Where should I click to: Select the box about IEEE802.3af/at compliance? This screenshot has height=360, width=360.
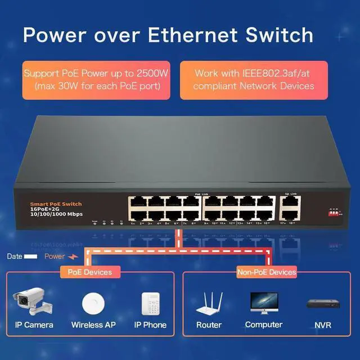click(254, 80)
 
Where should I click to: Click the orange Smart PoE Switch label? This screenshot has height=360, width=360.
click(56, 204)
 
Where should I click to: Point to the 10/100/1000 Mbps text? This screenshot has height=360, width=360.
click(57, 215)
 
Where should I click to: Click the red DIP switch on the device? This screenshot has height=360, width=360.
click(334, 213)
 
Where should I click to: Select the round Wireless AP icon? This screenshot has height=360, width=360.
click(94, 304)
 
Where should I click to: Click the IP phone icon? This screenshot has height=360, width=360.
click(150, 305)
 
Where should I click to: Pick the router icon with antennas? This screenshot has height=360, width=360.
click(209, 304)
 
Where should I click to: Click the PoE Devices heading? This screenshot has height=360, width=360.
click(86, 272)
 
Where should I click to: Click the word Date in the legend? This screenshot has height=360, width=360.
click(15, 256)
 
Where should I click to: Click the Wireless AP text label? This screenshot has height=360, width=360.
click(94, 325)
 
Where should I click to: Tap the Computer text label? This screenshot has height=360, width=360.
click(264, 325)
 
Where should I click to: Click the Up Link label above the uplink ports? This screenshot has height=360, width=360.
click(290, 193)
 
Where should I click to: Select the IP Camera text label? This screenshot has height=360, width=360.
click(34, 325)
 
